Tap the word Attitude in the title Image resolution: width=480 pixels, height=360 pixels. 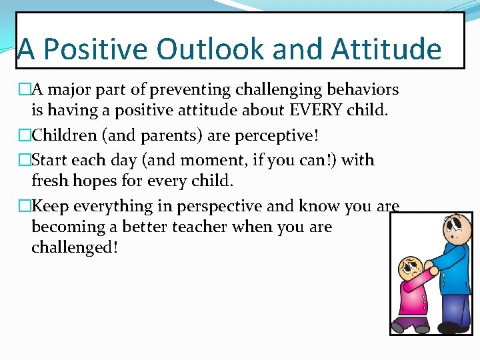click(x=386, y=50)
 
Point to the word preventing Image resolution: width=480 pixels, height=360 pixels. click(x=189, y=89)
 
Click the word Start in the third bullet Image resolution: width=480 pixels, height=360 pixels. click(x=50, y=160)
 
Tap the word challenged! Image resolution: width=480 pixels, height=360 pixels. click(x=75, y=247)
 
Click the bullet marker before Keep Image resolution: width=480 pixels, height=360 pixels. click(x=25, y=207)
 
